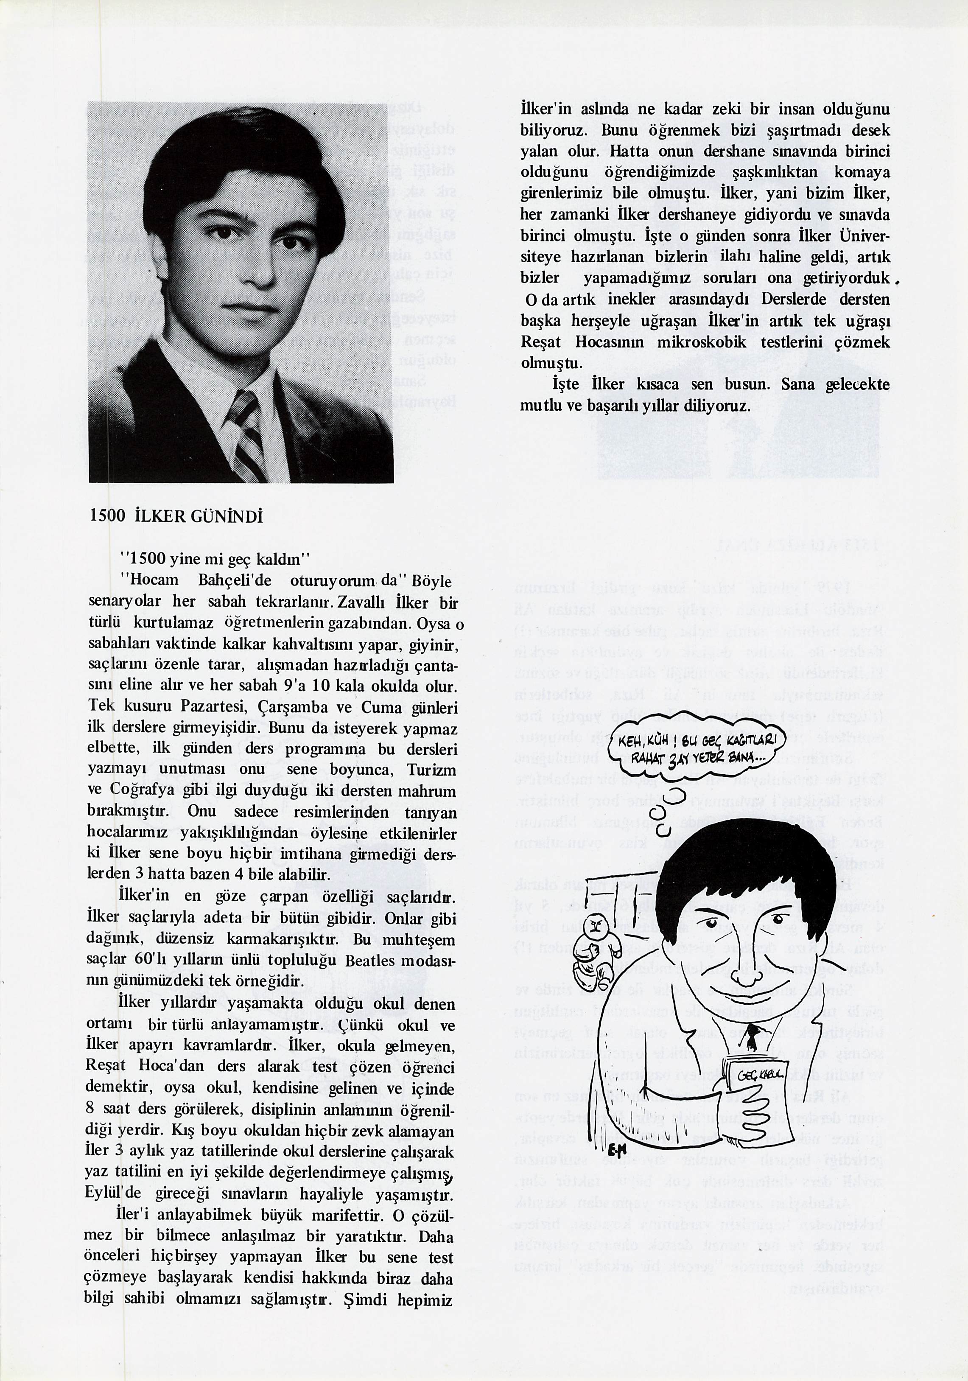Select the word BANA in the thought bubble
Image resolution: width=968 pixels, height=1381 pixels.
[742, 760]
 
